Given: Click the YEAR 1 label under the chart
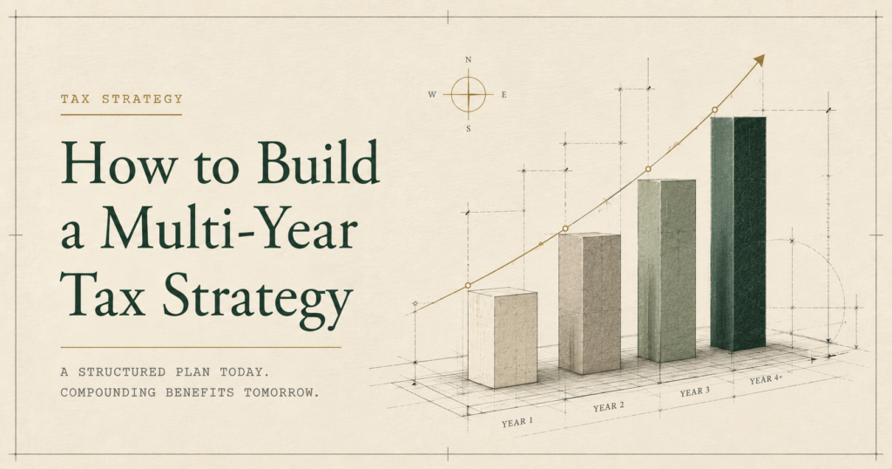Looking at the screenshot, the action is (x=517, y=422).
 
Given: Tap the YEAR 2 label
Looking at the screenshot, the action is (x=609, y=406).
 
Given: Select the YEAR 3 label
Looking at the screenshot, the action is (x=694, y=391).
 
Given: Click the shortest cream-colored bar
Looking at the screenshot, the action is (x=503, y=338).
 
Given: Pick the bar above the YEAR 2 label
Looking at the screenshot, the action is (x=590, y=302).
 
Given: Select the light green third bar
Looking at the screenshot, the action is (x=666, y=270).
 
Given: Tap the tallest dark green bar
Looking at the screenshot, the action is (x=738, y=234).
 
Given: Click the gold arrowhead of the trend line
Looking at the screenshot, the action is (x=759, y=60).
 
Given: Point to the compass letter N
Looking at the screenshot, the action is (x=468, y=60).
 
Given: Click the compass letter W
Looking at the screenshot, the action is (x=432, y=94).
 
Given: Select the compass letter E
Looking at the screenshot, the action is (x=504, y=94).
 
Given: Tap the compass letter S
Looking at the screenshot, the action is (x=468, y=129).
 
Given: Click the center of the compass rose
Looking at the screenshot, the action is (x=468, y=94).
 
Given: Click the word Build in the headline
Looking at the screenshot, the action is (x=318, y=161).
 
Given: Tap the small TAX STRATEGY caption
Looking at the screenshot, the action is (x=122, y=99).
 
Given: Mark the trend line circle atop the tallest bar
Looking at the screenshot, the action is (x=714, y=109).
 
